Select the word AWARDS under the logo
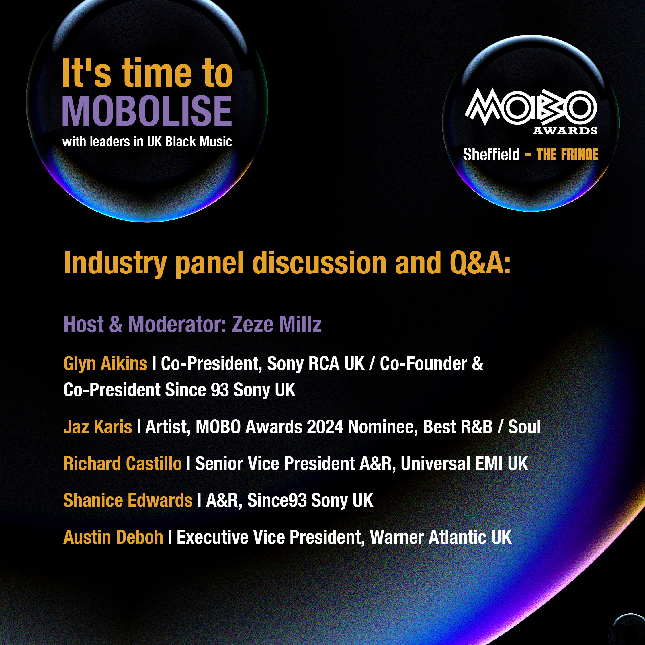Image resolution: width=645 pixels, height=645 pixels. (x=565, y=131)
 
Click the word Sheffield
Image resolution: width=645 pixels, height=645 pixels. (x=491, y=155)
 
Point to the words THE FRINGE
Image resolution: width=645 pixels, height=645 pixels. (x=567, y=155)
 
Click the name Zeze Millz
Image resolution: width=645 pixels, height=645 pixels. (x=277, y=324)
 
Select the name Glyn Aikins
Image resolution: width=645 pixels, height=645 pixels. (x=105, y=363)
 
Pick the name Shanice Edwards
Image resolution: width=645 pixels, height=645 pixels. (x=128, y=500)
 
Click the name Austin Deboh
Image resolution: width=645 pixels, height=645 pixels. (x=113, y=537)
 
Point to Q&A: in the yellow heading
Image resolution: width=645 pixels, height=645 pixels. (x=480, y=263)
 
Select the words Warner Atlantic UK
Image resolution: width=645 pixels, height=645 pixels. (x=441, y=537)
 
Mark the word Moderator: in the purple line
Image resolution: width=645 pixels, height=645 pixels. (x=178, y=324)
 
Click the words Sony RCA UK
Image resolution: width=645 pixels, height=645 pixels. (x=316, y=363)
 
